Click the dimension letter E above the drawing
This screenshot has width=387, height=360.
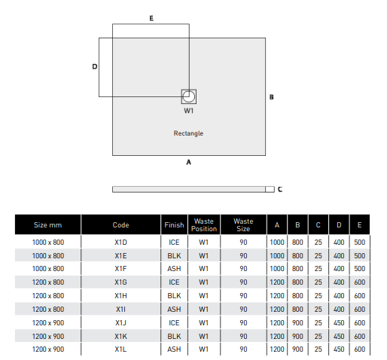pos(151,18)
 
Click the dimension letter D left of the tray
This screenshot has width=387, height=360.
pos(95,66)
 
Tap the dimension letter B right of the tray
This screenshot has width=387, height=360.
pos(271,97)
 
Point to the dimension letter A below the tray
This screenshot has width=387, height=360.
pos(189,162)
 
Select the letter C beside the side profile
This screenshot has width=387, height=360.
pos(280,189)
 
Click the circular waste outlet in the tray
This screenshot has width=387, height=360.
pos(189,96)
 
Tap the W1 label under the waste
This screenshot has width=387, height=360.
pos(188,111)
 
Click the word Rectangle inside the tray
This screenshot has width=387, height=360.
pos(188,133)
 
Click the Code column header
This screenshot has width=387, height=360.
pos(120,225)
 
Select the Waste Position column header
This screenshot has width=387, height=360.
pos(204,225)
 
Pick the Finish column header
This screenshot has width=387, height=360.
pos(174,225)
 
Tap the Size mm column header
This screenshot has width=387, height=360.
pos(47,225)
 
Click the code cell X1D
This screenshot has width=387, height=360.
pos(120,243)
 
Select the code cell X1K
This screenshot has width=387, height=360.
pos(120,336)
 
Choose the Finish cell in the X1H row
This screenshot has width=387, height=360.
pos(174,296)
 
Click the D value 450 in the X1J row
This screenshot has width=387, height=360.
pos(339,323)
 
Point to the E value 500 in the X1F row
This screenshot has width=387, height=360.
pos(359,269)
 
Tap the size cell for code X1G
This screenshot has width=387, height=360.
pos(48,282)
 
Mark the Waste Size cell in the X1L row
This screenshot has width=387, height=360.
pos(243,349)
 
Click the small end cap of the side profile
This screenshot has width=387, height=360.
pos(270,189)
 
